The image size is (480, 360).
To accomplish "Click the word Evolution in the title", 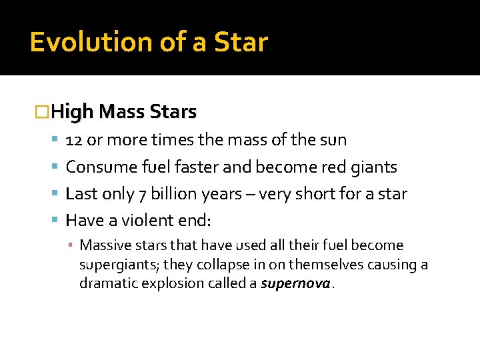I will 89,42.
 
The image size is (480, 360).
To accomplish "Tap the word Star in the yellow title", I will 241,42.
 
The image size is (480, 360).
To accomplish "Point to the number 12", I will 74,140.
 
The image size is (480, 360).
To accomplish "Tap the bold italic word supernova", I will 295,283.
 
